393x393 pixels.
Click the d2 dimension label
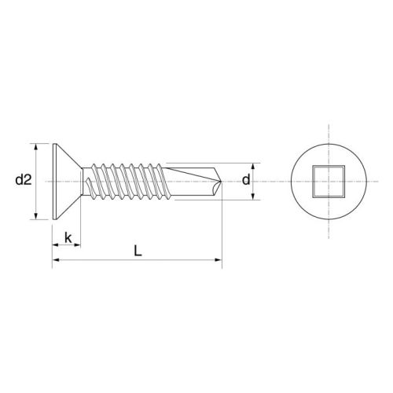(x=23, y=180)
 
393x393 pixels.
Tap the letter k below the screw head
(x=68, y=236)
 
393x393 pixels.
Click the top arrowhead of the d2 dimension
(x=37, y=146)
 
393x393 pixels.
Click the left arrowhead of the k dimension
(x=56, y=245)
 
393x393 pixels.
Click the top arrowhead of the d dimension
(x=254, y=166)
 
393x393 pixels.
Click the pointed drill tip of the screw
(x=222, y=182)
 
